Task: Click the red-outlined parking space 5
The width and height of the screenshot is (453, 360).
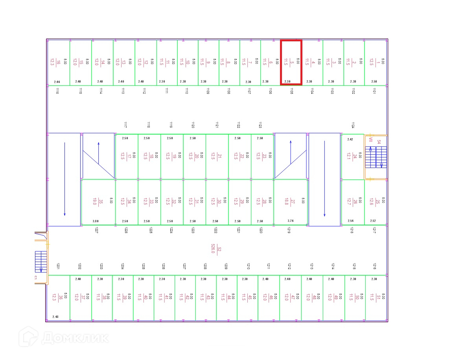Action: point(291,62)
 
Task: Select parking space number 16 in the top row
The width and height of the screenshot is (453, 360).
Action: point(58,62)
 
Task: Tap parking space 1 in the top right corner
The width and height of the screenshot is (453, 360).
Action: point(376,62)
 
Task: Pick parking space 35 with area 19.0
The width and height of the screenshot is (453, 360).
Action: point(98,202)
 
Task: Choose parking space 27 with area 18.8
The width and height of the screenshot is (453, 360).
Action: point(291,202)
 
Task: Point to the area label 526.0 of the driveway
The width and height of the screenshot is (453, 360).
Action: point(213,249)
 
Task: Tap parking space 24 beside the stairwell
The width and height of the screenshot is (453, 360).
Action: point(352,157)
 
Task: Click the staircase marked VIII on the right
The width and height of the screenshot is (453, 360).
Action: point(376,157)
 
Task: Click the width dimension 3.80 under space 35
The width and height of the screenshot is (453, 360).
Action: point(96,221)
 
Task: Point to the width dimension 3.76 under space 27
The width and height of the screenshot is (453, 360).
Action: point(291,221)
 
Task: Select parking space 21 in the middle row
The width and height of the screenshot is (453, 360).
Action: point(217,156)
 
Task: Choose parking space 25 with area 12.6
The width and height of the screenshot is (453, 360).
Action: point(376,202)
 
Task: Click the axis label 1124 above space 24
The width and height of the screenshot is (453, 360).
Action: point(353,125)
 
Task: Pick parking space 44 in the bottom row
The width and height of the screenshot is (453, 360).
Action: point(226,297)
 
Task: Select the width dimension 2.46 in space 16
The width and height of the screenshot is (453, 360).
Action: point(57,82)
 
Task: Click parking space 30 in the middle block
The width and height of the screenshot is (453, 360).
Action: point(217,202)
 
